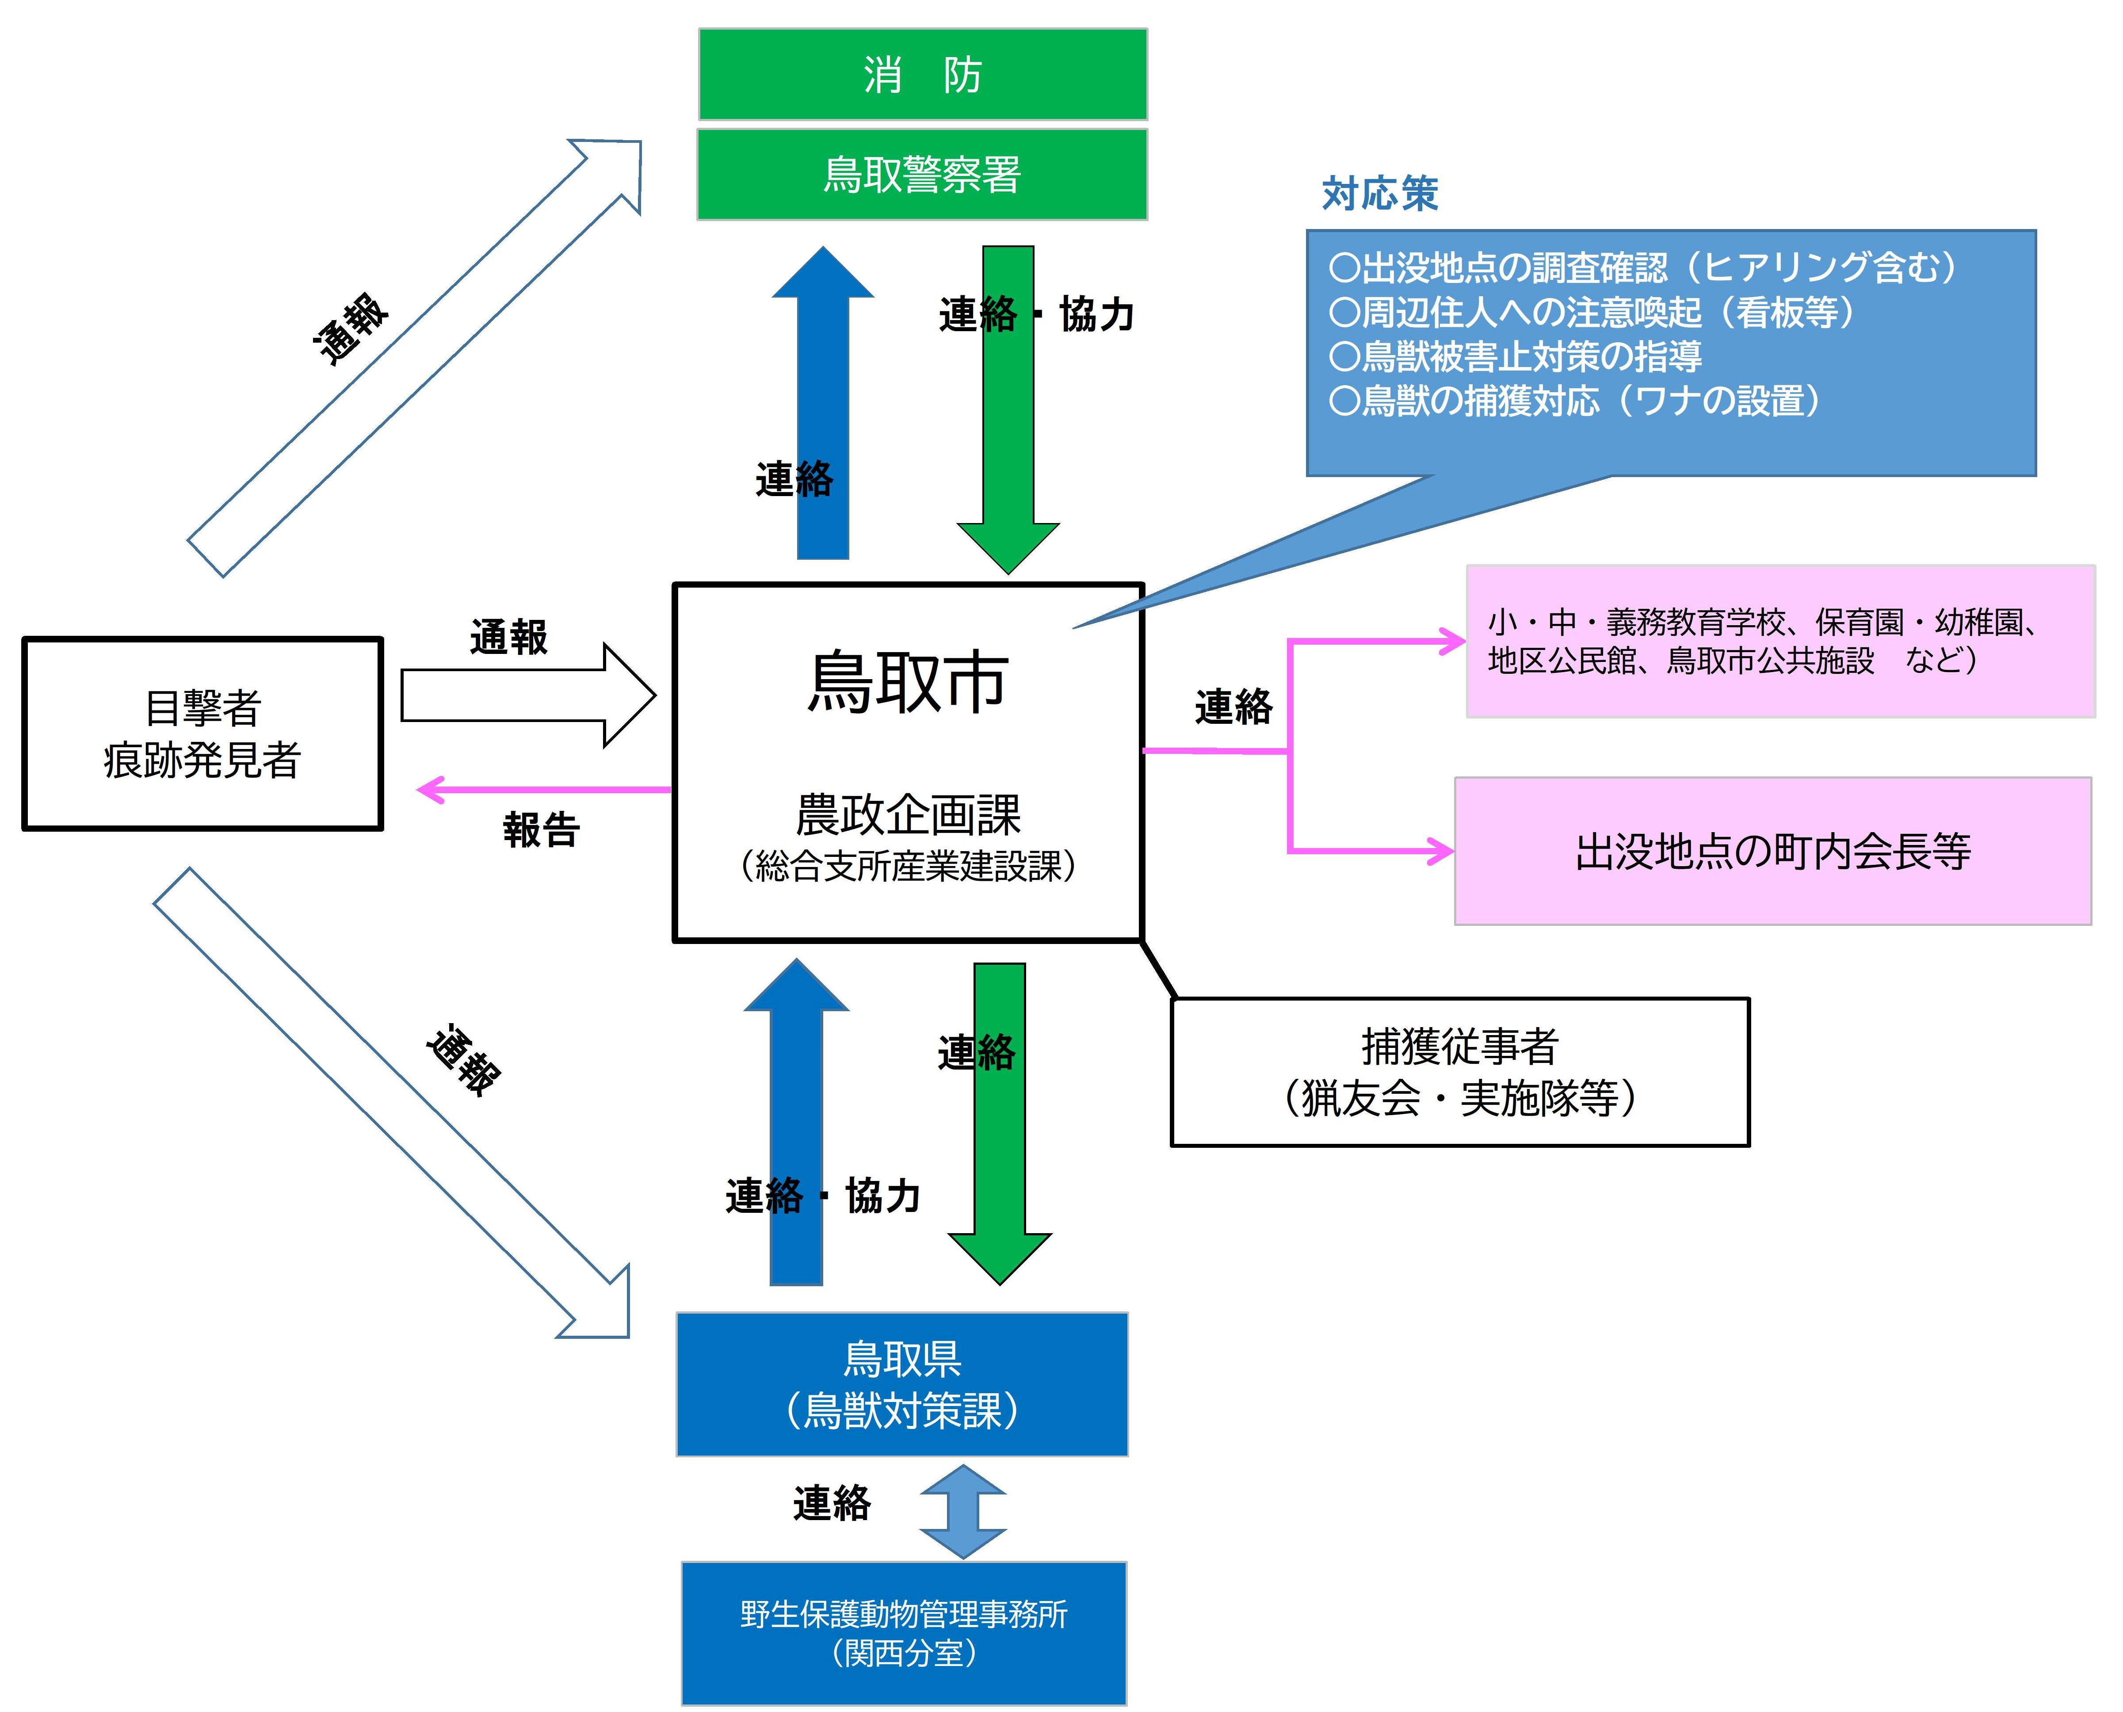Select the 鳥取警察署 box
pyautogui.click(x=922, y=175)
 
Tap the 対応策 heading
pyautogui.click(x=1379, y=193)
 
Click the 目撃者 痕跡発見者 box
pyautogui.click(x=202, y=734)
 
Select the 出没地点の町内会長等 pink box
pyautogui.click(x=1772, y=851)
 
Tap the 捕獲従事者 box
pyautogui.click(x=1459, y=1072)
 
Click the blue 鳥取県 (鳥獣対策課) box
pyautogui.click(x=901, y=1383)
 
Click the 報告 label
pyautogui.click(x=541, y=829)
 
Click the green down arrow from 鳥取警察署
pyautogui.click(x=1008, y=414)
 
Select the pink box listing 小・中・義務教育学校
pyautogui.click(x=1780, y=641)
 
